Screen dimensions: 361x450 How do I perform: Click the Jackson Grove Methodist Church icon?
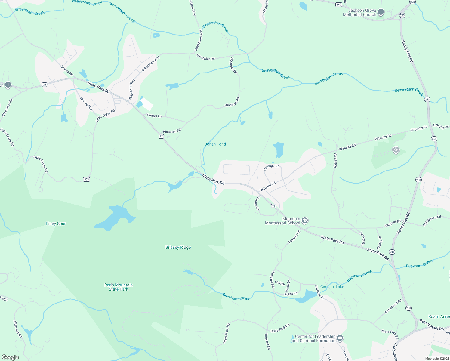click(381, 12)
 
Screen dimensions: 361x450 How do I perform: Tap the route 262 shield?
click(339, 5)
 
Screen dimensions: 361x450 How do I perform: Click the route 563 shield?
click(86, 179)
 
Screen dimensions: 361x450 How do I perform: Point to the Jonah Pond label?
click(215, 144)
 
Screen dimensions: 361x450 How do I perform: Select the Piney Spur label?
click(56, 224)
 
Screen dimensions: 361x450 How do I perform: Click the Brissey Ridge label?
click(178, 247)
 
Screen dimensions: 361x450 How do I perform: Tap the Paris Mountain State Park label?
click(119, 287)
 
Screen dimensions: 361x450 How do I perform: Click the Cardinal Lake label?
click(332, 287)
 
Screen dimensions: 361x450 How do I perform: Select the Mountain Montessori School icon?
click(304, 221)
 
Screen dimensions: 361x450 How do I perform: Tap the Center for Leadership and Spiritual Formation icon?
click(340, 338)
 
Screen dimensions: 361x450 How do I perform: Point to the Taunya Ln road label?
click(154, 116)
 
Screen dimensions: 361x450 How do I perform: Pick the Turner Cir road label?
click(257, 204)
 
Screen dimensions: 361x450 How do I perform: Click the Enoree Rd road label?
click(67, 70)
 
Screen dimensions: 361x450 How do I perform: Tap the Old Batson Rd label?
click(432, 221)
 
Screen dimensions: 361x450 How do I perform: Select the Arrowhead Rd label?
click(393, 306)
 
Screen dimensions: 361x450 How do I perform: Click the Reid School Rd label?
click(432, 325)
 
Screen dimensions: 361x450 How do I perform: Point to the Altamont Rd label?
click(18, 329)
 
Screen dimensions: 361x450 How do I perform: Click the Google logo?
click(10, 357)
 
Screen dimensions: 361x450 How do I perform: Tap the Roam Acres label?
click(439, 316)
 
